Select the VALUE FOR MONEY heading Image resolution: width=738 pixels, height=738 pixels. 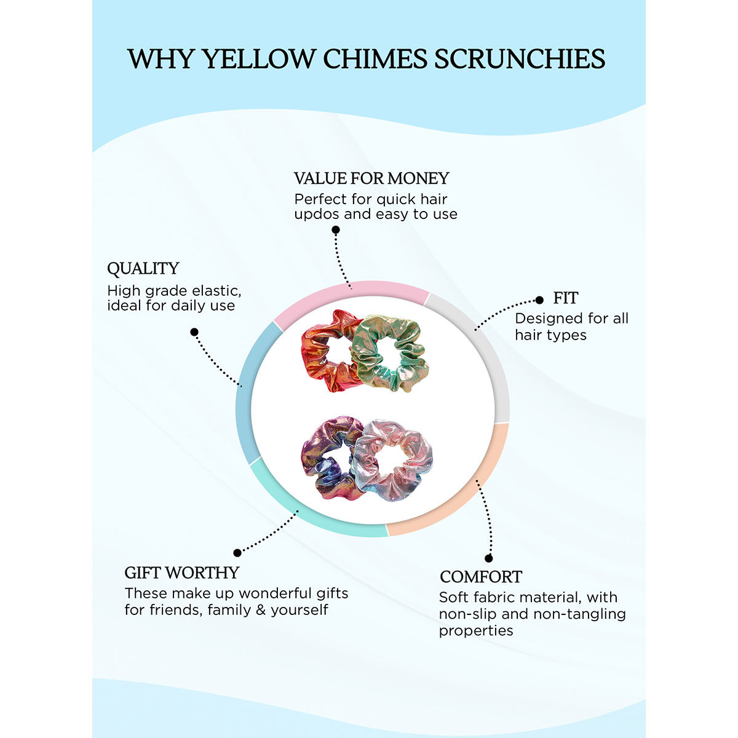(x=371, y=178)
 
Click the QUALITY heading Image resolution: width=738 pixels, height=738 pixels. (x=143, y=269)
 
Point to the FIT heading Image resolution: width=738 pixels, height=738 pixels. (x=565, y=298)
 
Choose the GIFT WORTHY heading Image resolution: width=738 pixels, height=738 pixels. (x=181, y=573)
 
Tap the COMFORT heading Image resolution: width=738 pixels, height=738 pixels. (x=480, y=577)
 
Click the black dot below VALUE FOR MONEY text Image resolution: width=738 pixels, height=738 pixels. (x=336, y=230)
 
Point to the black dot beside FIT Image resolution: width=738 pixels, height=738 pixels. (x=539, y=300)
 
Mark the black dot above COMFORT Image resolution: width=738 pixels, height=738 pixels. (x=489, y=558)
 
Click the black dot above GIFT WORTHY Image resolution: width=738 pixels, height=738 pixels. (x=237, y=553)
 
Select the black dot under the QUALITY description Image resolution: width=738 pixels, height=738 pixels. (x=194, y=332)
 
